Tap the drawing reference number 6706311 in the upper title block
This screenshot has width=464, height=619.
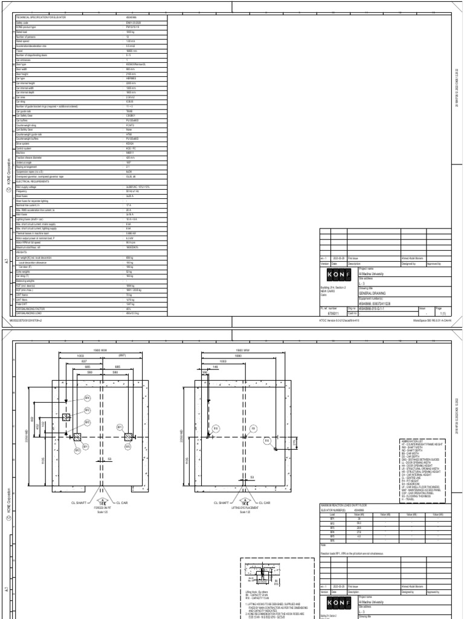tap(333, 313)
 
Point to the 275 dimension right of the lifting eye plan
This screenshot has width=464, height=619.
tap(294, 442)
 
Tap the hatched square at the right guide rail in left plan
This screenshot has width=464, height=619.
tap(128, 436)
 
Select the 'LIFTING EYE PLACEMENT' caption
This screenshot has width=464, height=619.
tap(246, 508)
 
